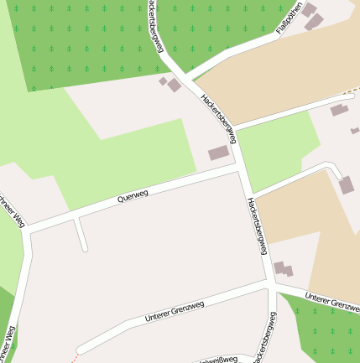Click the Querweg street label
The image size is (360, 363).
133,198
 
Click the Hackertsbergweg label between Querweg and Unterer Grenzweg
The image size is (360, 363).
257,221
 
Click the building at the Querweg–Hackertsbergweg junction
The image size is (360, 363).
218,153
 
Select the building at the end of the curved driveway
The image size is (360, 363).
347,185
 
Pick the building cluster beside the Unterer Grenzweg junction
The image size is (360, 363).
284,269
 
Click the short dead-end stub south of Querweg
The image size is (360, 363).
81,235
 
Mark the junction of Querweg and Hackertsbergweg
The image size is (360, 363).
242,167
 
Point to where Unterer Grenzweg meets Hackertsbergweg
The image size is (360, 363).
272,286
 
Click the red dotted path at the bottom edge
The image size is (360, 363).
73,358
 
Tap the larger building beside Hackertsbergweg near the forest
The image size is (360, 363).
174,85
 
